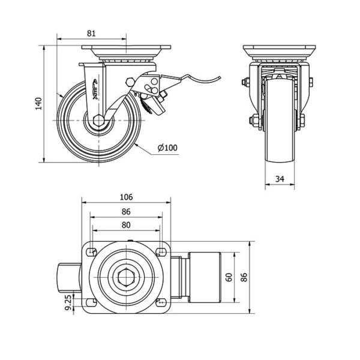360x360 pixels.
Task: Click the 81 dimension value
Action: (91, 34)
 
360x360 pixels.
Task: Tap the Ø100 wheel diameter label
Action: (168, 147)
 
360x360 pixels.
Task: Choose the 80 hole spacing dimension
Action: (126, 226)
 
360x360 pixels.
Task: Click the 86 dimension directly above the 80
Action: (126, 211)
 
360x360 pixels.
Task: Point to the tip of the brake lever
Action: (219, 76)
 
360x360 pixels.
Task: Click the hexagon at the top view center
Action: (126, 276)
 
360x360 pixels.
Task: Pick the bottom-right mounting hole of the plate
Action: (161, 301)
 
